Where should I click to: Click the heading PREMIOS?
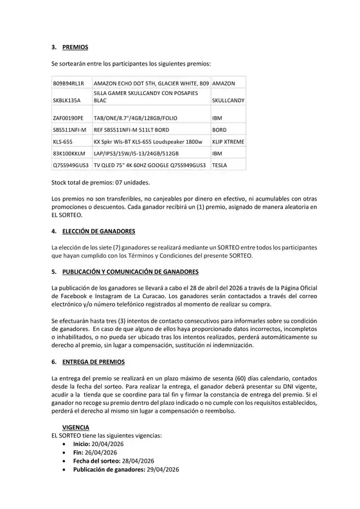pyautogui.click(x=75, y=48)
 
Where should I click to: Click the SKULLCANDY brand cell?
pyautogui.click(x=228, y=101)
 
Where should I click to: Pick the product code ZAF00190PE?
pyautogui.click(x=68, y=118)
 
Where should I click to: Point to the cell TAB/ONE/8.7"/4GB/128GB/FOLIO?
pyautogui.click(x=135, y=118)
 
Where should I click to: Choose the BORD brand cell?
pyautogui.click(x=219, y=130)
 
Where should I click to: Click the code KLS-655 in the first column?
pyautogui.click(x=63, y=142)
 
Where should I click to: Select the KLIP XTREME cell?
pyautogui.click(x=228, y=142)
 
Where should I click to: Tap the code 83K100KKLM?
pyautogui.click(x=68, y=154)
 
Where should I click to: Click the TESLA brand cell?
pyautogui.click(x=221, y=166)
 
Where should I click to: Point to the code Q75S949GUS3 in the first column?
pyautogui.click(x=71, y=166)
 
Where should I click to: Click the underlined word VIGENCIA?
pyautogui.click(x=76, y=427)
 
